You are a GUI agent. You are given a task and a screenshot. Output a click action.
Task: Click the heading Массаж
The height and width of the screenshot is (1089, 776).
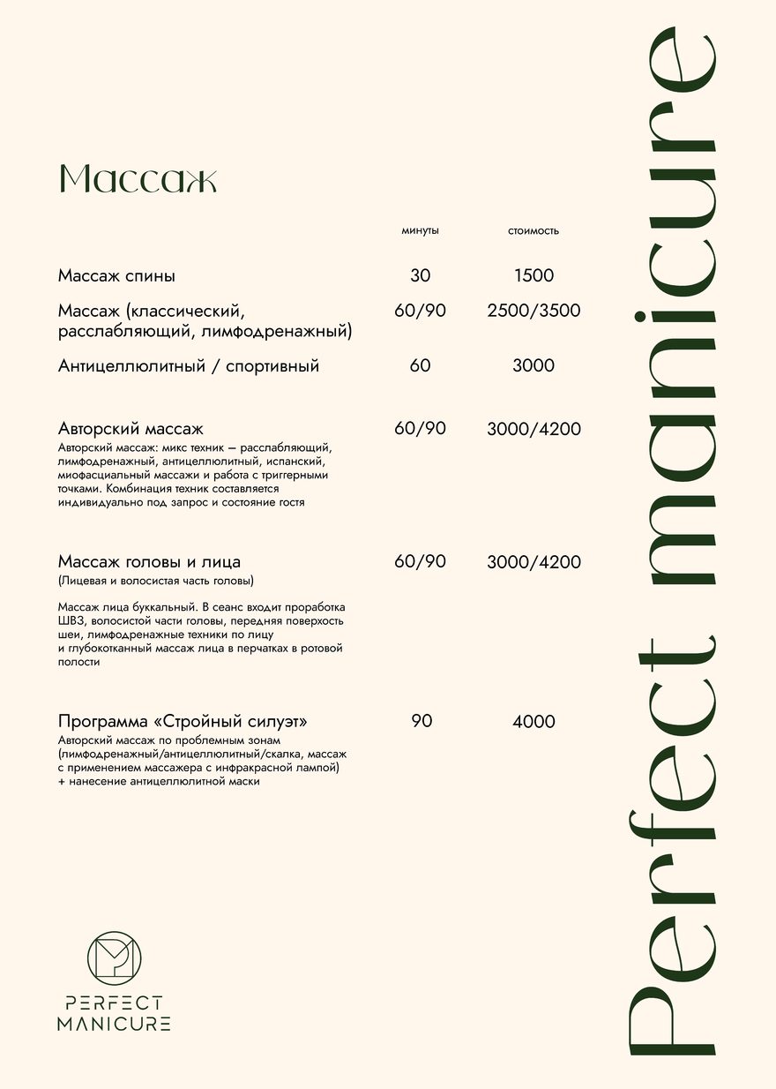[x=138, y=179]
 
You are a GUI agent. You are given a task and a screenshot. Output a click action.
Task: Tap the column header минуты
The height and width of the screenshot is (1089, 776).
[x=420, y=231]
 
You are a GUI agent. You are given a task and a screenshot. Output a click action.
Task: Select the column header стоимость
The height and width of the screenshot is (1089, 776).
[x=533, y=231]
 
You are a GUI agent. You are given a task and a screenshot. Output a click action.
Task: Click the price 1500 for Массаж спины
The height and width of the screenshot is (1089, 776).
[x=533, y=276]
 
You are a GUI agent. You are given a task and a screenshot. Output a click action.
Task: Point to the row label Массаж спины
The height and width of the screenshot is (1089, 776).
[x=116, y=276]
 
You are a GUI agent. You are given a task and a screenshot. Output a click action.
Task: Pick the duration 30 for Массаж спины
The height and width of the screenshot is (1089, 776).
[x=421, y=276]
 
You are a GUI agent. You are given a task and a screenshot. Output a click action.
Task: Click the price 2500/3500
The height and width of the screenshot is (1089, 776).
[x=533, y=311]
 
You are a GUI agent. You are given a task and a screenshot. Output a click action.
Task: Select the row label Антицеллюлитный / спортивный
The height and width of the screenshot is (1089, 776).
[x=189, y=365]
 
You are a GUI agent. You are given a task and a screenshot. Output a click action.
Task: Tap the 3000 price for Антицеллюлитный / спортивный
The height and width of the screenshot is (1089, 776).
[x=533, y=365]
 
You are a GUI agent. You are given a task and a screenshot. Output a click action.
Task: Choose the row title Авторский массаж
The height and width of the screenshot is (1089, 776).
[x=131, y=430]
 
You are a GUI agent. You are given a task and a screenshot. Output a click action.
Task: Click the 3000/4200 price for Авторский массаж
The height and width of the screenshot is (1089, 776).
[x=533, y=430]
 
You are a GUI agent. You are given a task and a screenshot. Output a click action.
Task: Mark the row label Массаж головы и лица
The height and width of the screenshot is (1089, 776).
[x=149, y=562]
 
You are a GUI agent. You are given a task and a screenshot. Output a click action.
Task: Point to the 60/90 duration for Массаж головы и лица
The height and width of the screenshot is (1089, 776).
[x=421, y=562]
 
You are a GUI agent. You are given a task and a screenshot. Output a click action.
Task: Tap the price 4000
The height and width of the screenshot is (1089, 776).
[x=533, y=722]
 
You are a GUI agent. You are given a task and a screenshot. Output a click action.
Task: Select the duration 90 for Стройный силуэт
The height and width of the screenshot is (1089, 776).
[x=422, y=722]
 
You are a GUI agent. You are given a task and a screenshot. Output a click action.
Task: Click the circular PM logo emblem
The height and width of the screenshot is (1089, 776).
[x=115, y=958]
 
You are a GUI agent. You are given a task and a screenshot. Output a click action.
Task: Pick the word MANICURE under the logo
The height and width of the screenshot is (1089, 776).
[x=114, y=1024]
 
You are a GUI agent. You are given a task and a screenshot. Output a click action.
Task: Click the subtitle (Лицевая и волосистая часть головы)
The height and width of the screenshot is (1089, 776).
[x=156, y=582]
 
